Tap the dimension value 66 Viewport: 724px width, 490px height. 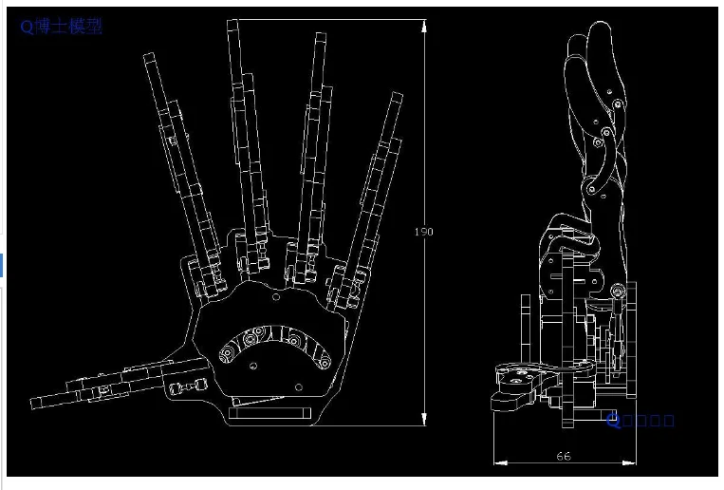(563, 457)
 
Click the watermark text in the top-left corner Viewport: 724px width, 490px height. (61, 27)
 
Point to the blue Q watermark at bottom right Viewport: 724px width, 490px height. (614, 418)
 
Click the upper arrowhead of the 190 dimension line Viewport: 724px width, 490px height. (424, 24)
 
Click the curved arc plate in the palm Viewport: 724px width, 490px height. (274, 338)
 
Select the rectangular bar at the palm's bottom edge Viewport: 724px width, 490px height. (269, 413)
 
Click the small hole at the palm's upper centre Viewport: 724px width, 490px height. (276, 297)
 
